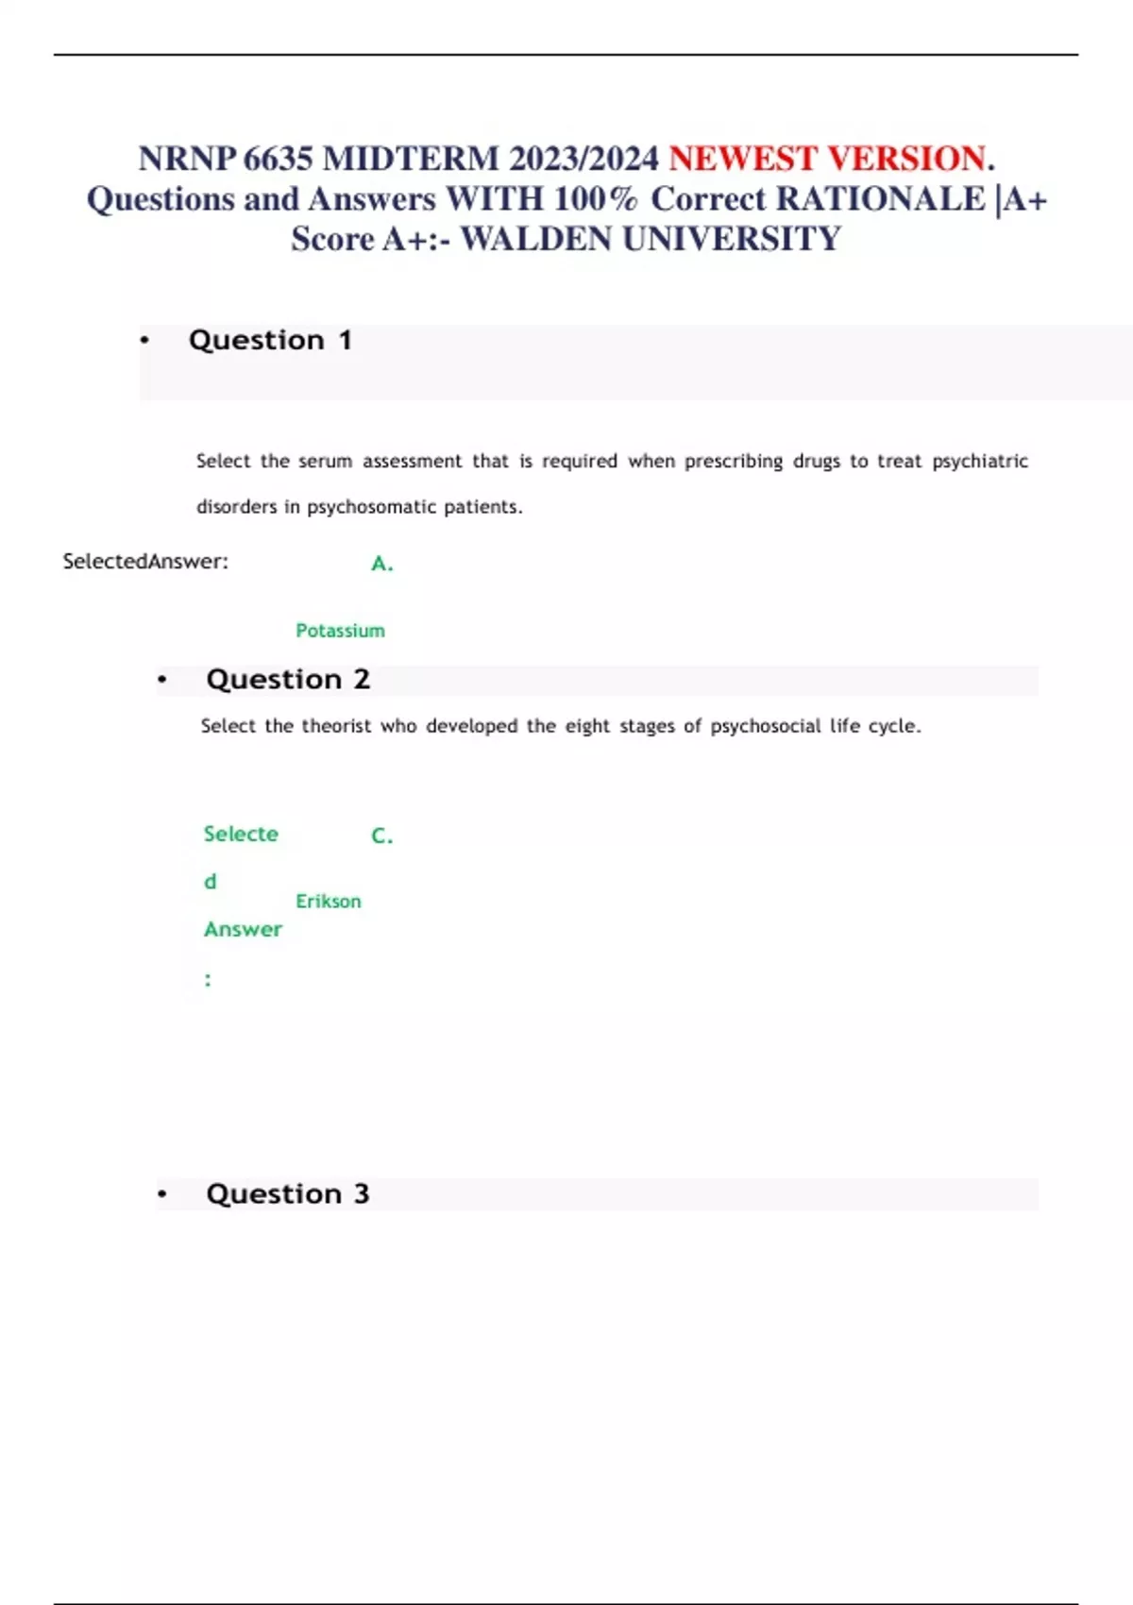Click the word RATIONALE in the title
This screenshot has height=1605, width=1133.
coord(880,199)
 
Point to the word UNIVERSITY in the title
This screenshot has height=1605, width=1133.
coord(731,240)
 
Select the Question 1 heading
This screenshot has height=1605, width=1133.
coord(270,340)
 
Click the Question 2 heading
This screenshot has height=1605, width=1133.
coord(288,680)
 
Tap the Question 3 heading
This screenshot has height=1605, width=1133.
coord(288,1194)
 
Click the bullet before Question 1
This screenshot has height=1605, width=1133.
coord(144,340)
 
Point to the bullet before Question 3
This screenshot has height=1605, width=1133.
coord(162,1194)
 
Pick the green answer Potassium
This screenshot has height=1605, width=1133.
coord(340,631)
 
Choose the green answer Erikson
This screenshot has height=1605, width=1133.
coord(329,902)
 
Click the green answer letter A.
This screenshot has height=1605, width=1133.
coord(381,564)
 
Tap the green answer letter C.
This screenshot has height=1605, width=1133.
coord(381,836)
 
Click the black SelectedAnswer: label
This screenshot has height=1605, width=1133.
coord(145,562)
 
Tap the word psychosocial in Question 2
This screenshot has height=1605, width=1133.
coord(766,726)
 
